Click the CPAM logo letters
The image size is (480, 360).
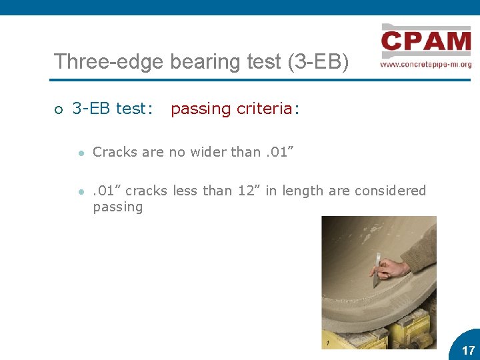click(x=426, y=42)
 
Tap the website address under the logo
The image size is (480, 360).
click(x=426, y=65)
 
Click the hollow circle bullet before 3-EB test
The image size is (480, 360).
click(x=58, y=109)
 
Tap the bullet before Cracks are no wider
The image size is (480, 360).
click(x=79, y=153)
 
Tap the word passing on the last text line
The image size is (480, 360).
click(x=117, y=207)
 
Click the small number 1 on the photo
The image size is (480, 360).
click(x=328, y=343)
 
